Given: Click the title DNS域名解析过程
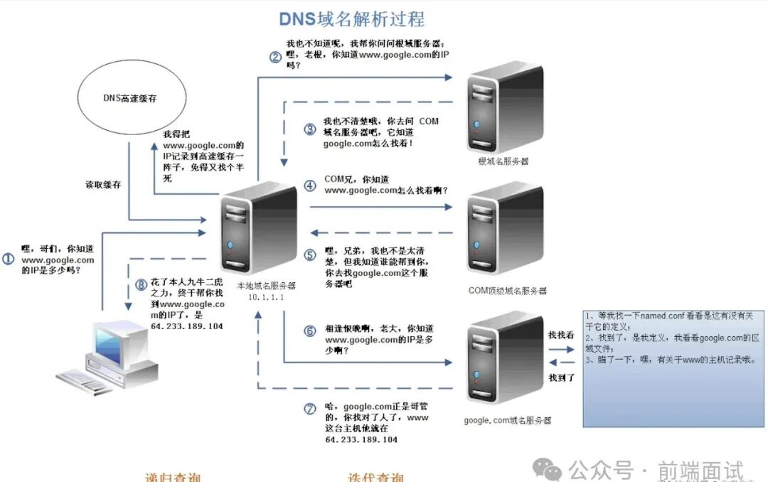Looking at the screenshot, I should (351, 18).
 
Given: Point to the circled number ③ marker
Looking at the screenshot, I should (309, 129).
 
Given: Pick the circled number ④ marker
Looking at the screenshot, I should (309, 186).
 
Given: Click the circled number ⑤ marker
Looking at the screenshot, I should (309, 255).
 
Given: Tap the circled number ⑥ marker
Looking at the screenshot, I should (309, 331).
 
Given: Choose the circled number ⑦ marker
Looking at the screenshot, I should (309, 408).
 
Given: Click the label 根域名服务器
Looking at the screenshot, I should (503, 161).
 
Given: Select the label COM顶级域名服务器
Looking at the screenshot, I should (508, 291).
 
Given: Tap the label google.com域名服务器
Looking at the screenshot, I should (507, 421).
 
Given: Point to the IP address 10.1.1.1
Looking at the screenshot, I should (266, 297).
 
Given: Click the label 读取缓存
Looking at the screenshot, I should (103, 185).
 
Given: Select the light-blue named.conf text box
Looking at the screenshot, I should (673, 367).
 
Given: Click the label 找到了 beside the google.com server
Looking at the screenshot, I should (562, 377).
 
